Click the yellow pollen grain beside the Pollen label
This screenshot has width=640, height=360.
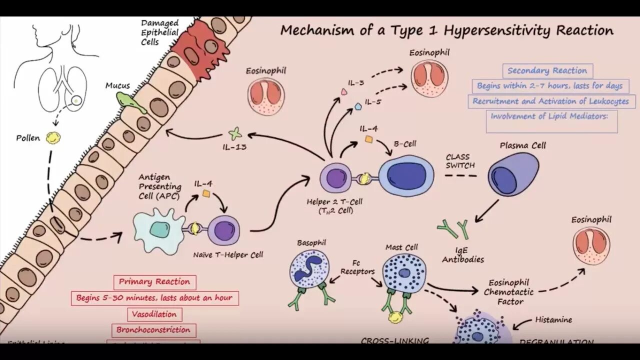[51, 138]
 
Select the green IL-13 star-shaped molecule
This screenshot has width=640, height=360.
[234, 134]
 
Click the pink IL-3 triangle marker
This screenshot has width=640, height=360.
[344, 92]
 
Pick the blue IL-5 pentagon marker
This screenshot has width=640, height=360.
[358, 106]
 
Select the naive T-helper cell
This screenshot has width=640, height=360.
[223, 229]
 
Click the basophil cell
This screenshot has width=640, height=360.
[309, 267]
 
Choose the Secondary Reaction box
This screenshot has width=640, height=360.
[547, 70]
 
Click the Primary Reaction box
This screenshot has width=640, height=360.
[154, 281]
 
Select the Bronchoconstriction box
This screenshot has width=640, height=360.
[153, 330]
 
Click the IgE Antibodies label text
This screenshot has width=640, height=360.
[463, 255]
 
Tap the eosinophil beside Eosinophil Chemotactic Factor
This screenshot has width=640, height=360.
[591, 246]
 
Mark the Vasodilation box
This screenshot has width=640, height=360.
[154, 314]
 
